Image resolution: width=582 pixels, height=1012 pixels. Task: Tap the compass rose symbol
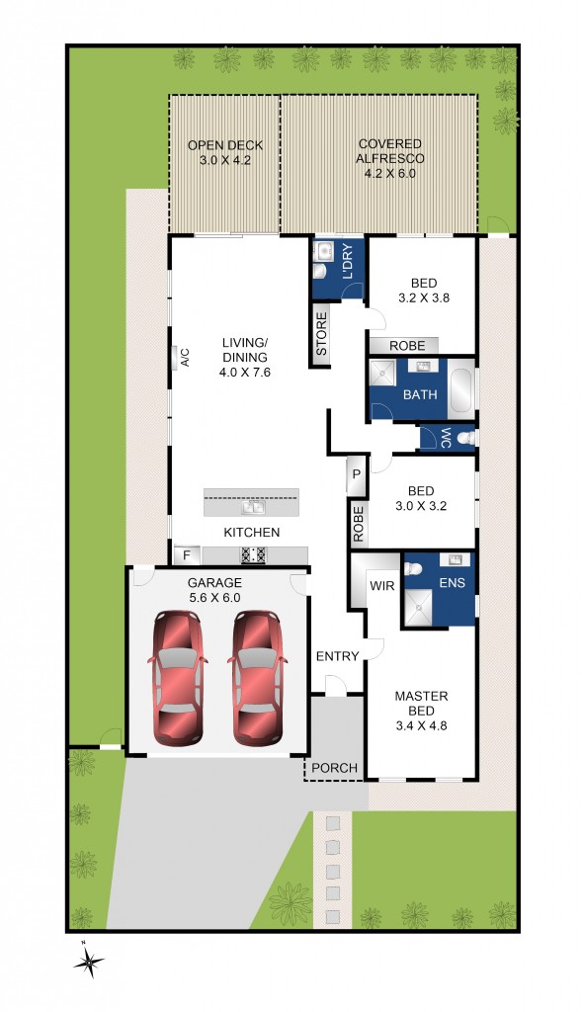tap(89, 961)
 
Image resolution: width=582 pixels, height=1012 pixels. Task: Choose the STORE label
tap(321, 334)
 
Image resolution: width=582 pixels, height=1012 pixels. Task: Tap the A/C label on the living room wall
tap(184, 357)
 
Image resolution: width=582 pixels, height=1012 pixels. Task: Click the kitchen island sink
tap(251, 508)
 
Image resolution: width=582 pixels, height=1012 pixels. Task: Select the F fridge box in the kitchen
tap(184, 554)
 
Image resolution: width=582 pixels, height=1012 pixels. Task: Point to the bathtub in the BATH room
tap(462, 390)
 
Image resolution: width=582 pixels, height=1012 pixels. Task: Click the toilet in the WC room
tap(463, 437)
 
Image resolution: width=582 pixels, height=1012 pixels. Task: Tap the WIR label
tap(381, 586)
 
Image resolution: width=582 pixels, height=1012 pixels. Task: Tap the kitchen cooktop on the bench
tap(252, 554)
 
